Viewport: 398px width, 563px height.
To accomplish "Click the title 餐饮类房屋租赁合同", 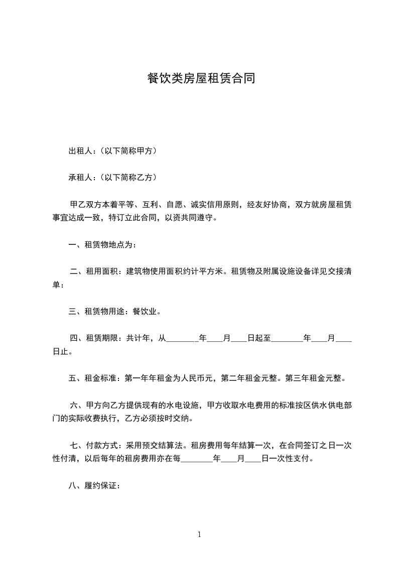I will [199, 78].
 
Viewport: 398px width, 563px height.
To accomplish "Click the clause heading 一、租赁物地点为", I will [102, 245].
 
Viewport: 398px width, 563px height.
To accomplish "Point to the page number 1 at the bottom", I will [199, 534].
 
